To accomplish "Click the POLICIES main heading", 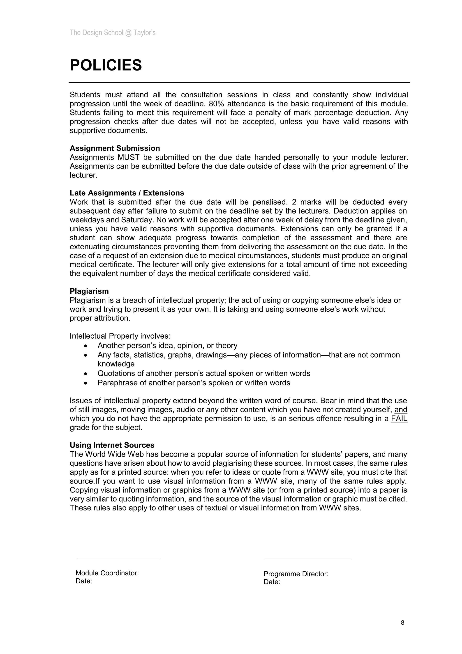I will (x=106, y=65).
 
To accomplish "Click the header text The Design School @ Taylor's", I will (x=112, y=33).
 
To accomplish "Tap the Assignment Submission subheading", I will (x=115, y=148).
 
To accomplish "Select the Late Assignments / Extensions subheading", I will (x=127, y=193).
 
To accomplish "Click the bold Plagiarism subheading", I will (x=89, y=291).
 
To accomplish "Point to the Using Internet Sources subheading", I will (x=112, y=445).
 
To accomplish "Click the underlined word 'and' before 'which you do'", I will (x=401, y=410).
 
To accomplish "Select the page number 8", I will (x=402, y=623).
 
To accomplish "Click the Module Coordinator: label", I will (x=107, y=573).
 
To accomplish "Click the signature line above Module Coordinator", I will (x=118, y=559).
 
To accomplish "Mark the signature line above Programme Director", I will (x=307, y=559).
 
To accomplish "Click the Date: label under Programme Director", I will (x=272, y=582).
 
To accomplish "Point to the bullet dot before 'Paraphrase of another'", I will (x=86, y=383).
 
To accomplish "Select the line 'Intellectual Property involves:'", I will (x=120, y=336).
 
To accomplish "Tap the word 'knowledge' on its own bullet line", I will (x=116, y=364).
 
